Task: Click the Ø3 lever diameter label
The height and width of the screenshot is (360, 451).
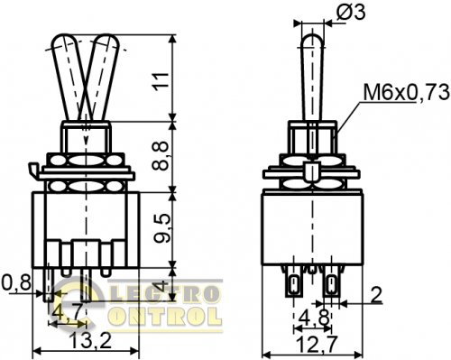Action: tap(351, 13)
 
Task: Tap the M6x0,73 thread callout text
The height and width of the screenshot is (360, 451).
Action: tap(407, 93)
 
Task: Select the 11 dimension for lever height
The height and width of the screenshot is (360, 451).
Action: tap(160, 81)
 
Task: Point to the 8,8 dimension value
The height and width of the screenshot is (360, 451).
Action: tap(160, 156)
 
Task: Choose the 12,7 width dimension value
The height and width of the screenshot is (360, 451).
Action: tap(318, 344)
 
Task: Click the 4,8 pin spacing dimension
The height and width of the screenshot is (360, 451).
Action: tap(314, 318)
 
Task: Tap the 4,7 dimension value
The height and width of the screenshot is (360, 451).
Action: tap(67, 313)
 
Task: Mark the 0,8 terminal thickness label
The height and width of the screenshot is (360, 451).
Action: tap(16, 282)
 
